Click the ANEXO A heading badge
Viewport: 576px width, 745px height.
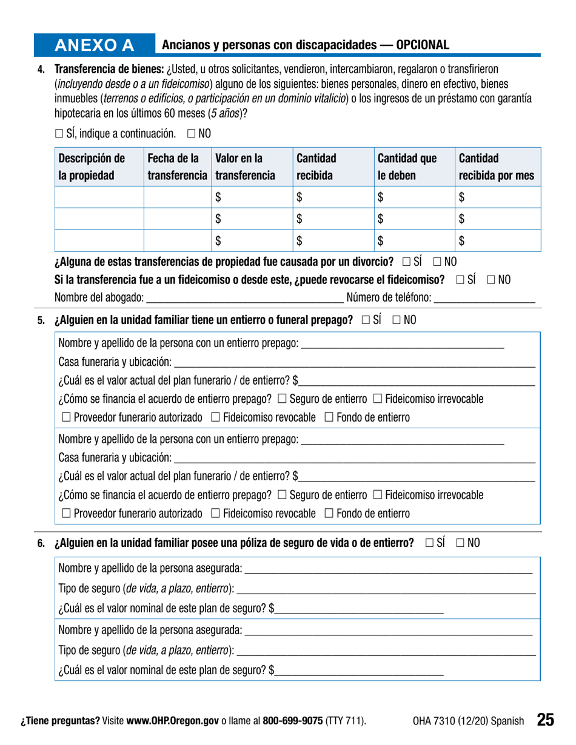pos(94,45)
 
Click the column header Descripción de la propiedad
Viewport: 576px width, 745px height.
pos(92,168)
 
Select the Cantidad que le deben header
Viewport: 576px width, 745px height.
pos(407,168)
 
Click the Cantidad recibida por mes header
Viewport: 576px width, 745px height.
pos(497,168)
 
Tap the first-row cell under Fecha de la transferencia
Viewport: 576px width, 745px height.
pos(177,197)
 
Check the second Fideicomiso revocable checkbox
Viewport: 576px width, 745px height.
pos(216,514)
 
